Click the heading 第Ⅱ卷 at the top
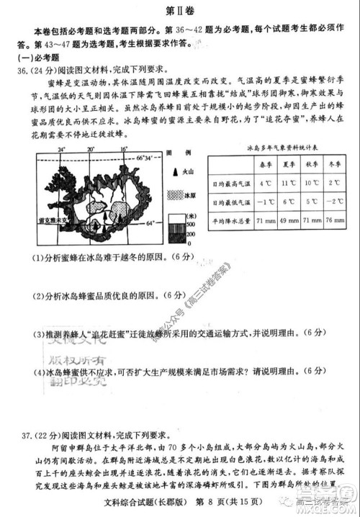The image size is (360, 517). tap(179, 11)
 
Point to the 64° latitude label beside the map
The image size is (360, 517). tap(150, 224)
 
